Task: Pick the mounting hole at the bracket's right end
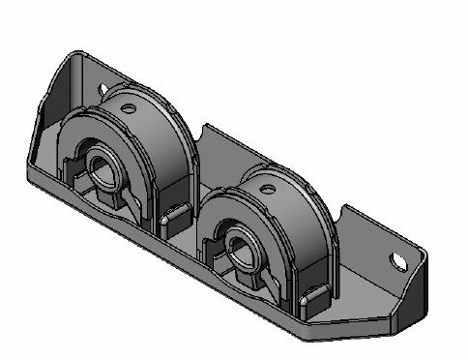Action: (398, 259)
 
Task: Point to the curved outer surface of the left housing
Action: (164, 165)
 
